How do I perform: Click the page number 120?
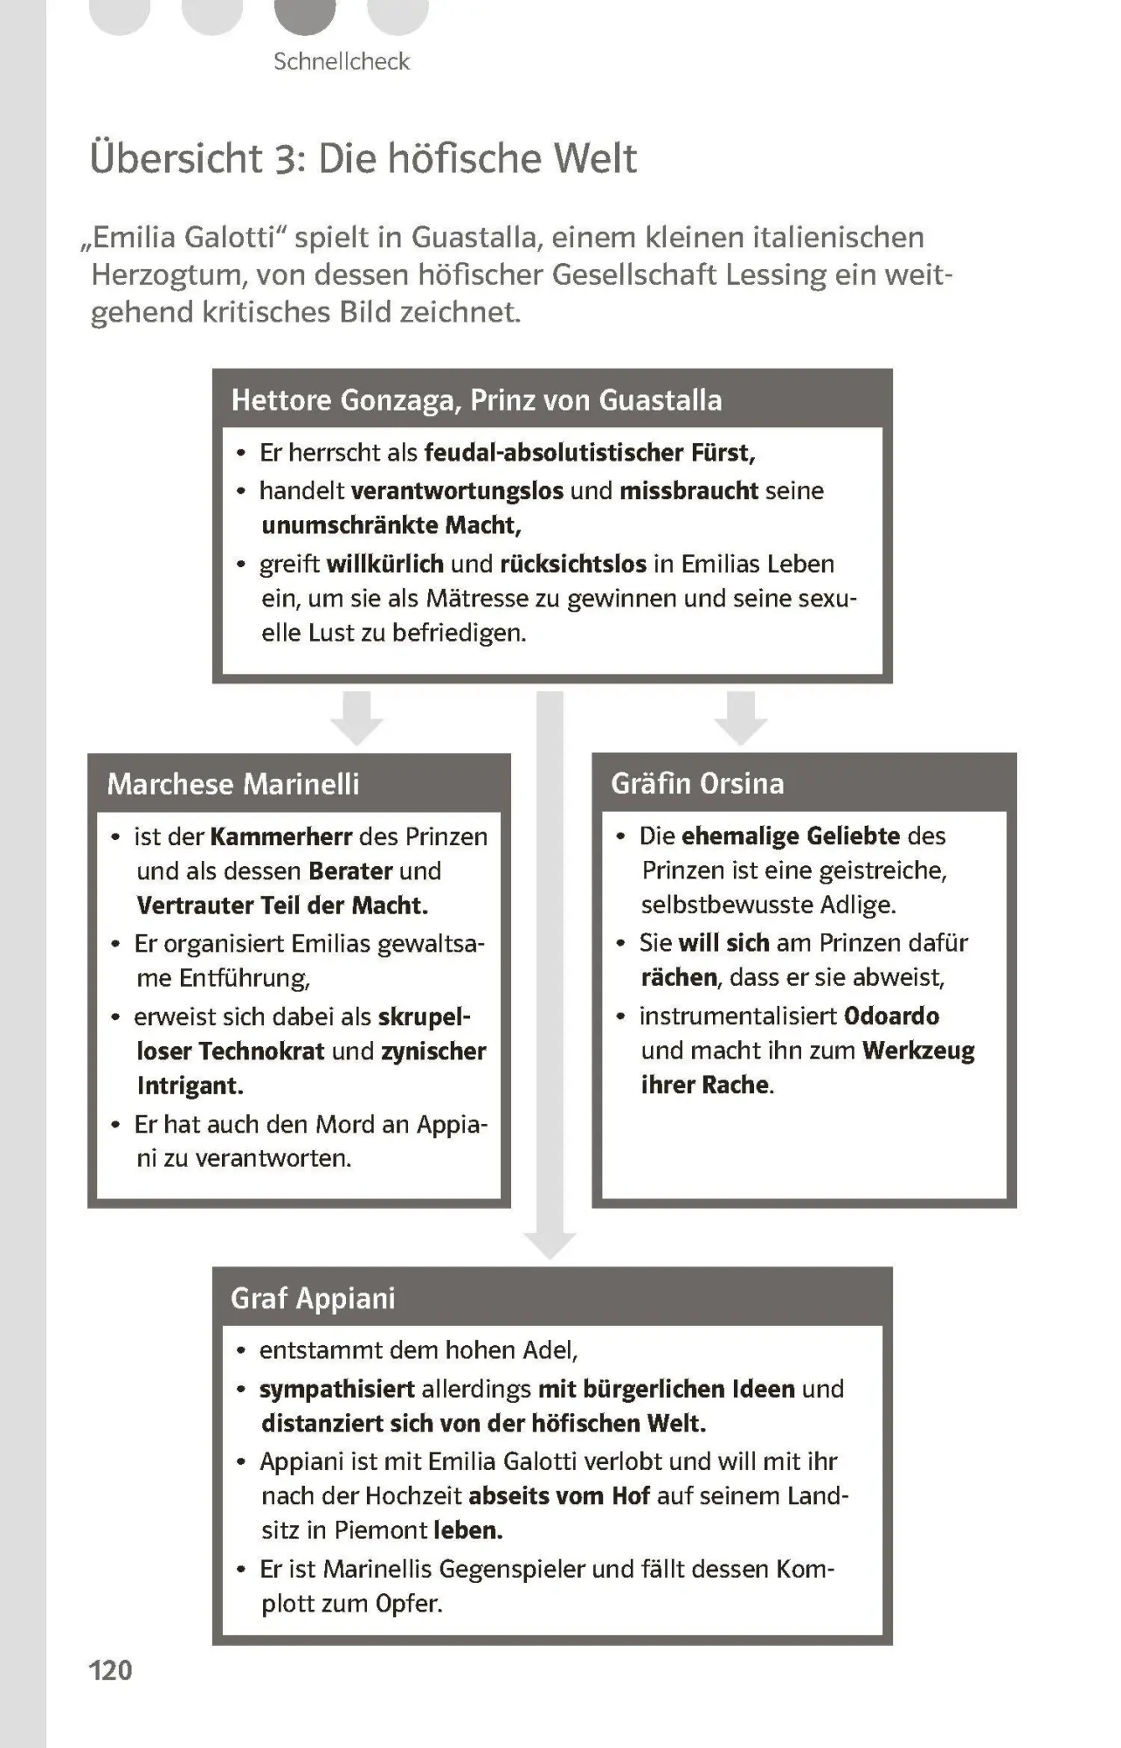click(111, 1670)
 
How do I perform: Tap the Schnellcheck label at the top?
click(341, 61)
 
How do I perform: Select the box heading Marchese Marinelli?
click(233, 784)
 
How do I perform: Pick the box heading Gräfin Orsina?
click(697, 783)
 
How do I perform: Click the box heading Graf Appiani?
click(313, 1298)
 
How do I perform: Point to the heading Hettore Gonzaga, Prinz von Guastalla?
click(476, 400)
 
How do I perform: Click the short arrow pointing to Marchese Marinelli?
click(356, 718)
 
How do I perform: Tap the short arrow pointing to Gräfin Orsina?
click(740, 718)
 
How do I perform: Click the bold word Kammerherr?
click(280, 836)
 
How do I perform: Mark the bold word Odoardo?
click(891, 1016)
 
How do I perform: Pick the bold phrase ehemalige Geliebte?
click(791, 836)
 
